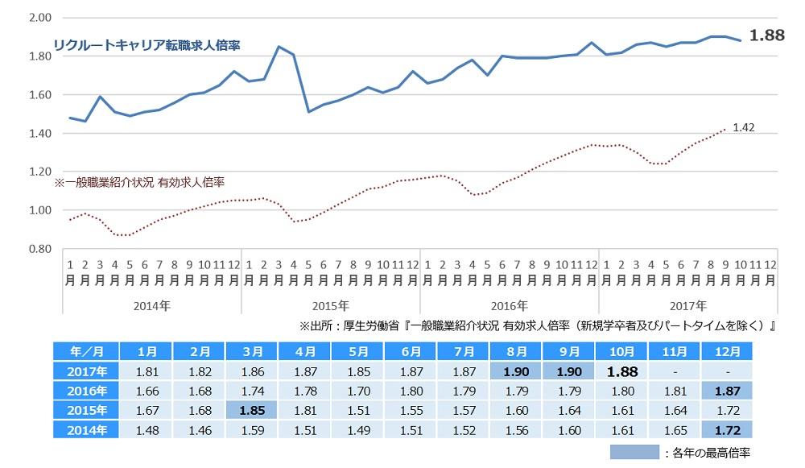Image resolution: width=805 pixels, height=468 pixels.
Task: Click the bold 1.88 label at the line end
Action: pyautogui.click(x=766, y=35)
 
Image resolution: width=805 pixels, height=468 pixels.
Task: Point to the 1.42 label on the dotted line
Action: pyautogui.click(x=744, y=127)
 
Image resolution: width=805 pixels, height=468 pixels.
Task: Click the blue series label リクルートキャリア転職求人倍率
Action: pyautogui.click(x=147, y=46)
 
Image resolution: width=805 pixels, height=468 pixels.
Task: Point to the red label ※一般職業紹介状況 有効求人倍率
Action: pyautogui.click(x=138, y=184)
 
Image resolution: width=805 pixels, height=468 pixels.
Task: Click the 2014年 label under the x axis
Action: pyautogui.click(x=152, y=306)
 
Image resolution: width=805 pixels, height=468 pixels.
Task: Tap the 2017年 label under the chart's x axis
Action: pyautogui.click(x=689, y=306)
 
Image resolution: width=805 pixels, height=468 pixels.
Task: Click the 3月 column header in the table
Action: pyautogui.click(x=252, y=352)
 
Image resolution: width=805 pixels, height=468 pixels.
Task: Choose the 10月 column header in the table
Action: pyautogui.click(x=622, y=352)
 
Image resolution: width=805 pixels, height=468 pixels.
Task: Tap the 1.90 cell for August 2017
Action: pyautogui.click(x=517, y=371)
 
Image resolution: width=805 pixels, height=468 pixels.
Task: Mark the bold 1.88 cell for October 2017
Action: pyautogui.click(x=622, y=371)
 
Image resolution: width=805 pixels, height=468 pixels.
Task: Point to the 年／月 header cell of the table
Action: pyautogui.click(x=85, y=352)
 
